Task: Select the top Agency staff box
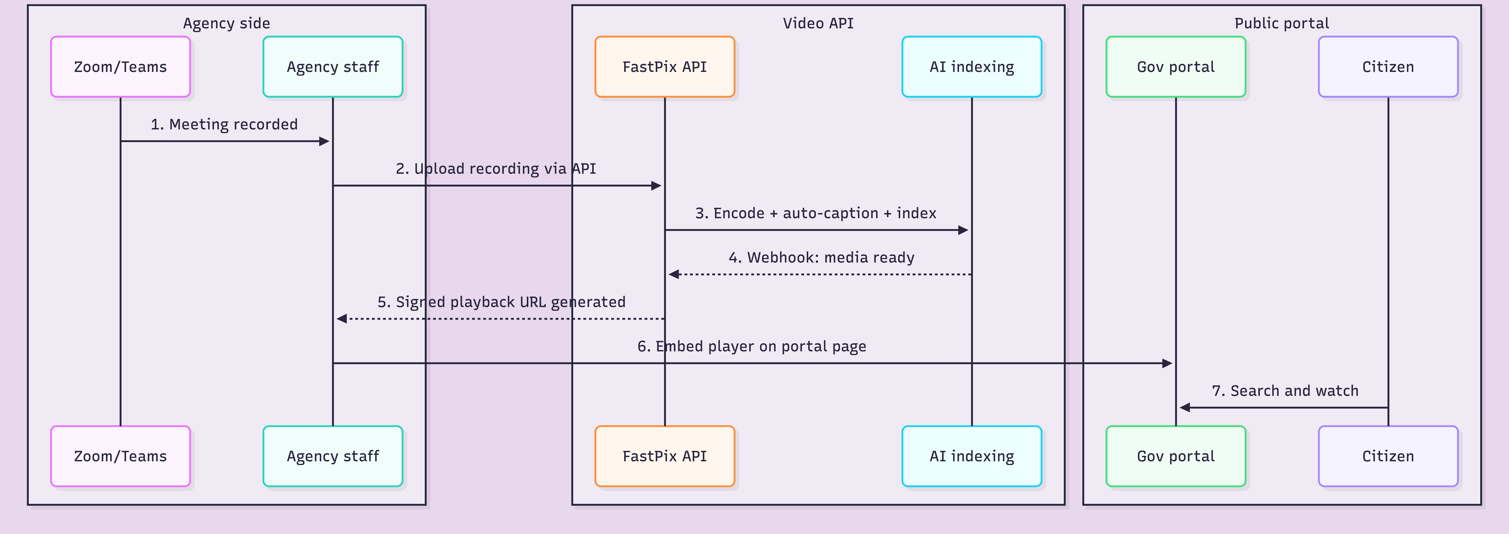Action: point(333,67)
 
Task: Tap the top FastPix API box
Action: point(665,67)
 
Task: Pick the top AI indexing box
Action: point(972,67)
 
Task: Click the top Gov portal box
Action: point(1176,67)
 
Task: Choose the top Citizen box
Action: point(1388,67)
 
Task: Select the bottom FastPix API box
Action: point(665,456)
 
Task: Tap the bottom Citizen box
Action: point(1388,456)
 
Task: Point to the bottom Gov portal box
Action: point(1176,456)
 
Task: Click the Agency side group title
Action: point(227,23)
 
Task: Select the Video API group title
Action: point(818,23)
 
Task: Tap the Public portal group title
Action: point(1282,23)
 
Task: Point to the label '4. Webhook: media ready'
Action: point(821,258)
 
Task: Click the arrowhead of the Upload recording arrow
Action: point(657,186)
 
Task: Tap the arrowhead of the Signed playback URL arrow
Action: point(341,319)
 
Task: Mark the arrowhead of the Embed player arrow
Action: point(1168,363)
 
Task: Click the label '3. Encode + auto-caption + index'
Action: point(815,213)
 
